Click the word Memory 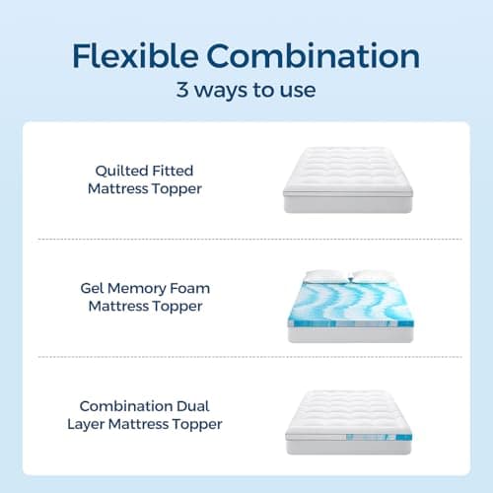pos(147,288)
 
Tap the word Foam pos(194,288)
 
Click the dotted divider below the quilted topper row pos(246,239)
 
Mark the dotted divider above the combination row pos(246,356)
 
